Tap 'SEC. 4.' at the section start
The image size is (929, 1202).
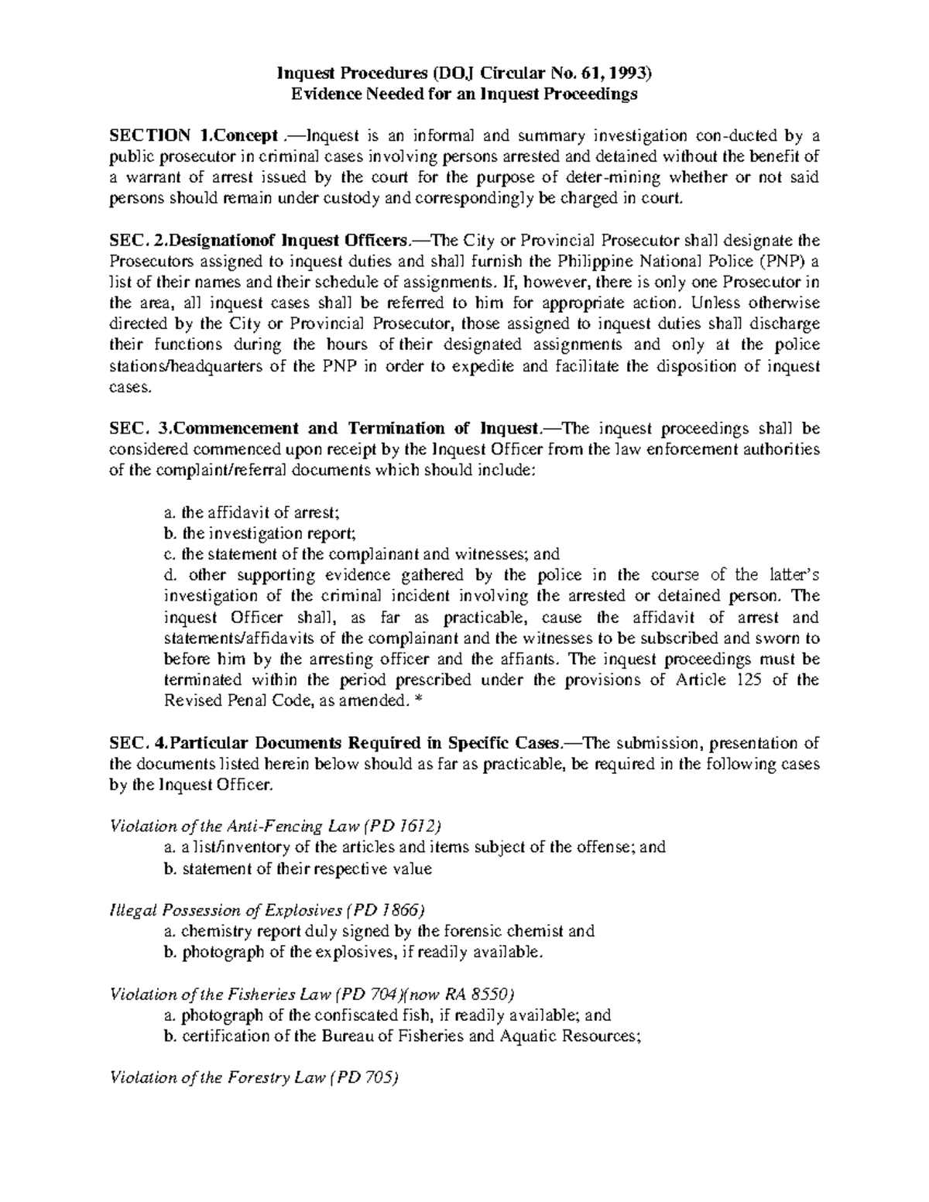pyautogui.click(x=136, y=743)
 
